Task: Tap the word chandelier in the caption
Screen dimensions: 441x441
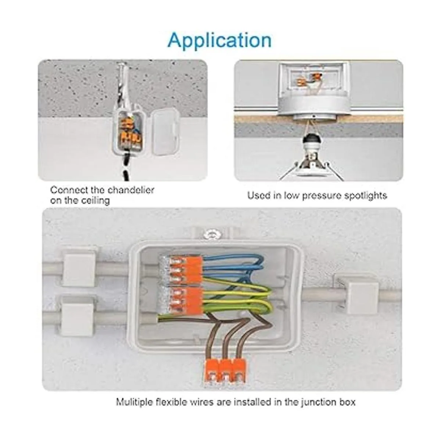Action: tap(130, 190)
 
